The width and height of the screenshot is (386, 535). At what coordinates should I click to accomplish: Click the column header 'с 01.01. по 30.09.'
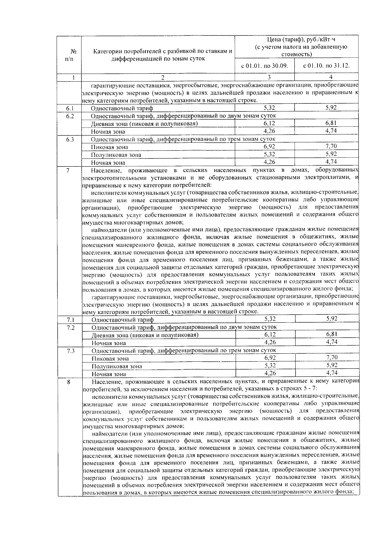click(264, 66)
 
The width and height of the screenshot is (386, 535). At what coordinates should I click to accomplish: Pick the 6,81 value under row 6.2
click(331, 123)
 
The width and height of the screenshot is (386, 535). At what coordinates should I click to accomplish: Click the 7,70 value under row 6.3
click(331, 147)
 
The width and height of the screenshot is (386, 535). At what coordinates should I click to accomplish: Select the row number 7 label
click(68, 170)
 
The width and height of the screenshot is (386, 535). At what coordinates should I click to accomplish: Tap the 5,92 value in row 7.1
click(332, 319)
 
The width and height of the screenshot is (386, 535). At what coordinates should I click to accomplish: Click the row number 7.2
click(71, 328)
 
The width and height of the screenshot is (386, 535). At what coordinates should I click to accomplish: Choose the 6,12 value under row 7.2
click(270, 335)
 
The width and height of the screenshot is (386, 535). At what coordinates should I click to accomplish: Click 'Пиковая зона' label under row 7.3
click(110, 358)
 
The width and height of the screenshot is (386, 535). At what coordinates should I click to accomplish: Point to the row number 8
click(69, 382)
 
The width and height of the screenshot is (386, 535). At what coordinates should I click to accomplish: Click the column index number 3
click(269, 77)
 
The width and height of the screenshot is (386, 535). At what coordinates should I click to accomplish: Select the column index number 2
click(162, 77)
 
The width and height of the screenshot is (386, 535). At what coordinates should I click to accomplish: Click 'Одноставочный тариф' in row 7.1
click(123, 320)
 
